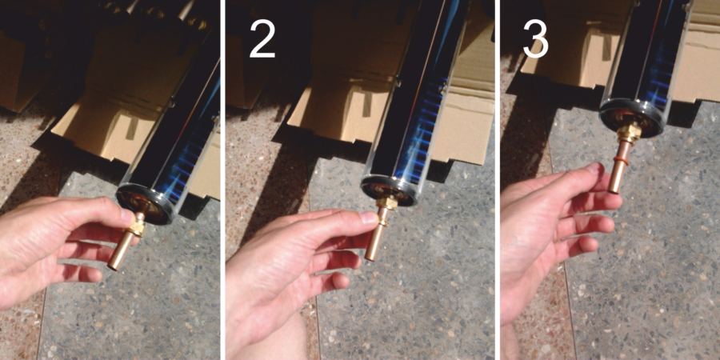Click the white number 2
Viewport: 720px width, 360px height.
pyautogui.click(x=262, y=40)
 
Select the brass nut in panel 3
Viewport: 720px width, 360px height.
pyautogui.click(x=629, y=133)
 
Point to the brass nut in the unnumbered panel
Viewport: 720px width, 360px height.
pyautogui.click(x=138, y=226)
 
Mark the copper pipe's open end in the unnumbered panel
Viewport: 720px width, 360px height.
pyautogui.click(x=113, y=266)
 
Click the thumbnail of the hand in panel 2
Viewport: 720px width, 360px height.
pyautogui.click(x=368, y=217)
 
